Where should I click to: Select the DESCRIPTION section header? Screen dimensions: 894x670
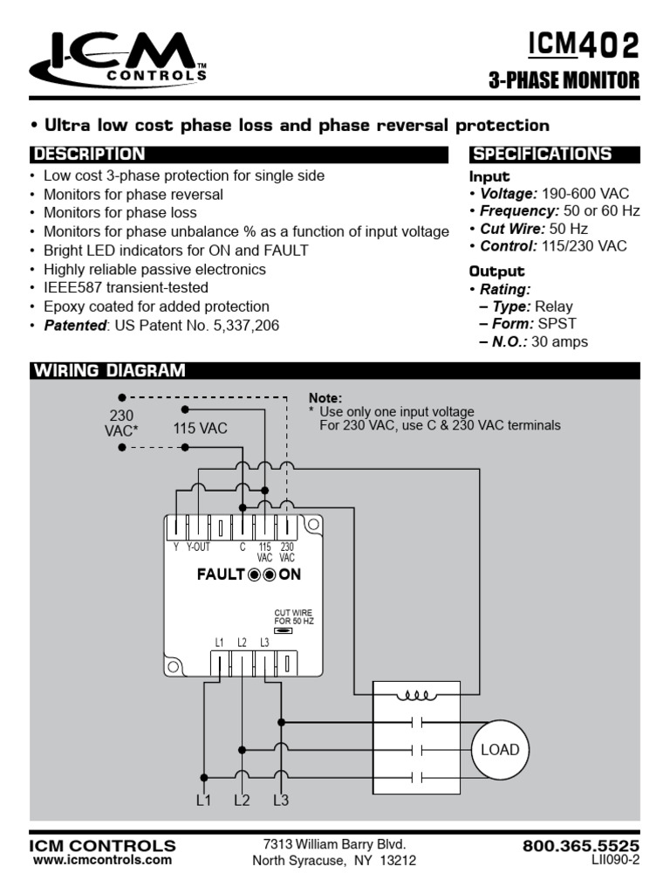(89, 155)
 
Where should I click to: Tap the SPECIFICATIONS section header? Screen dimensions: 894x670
(542, 155)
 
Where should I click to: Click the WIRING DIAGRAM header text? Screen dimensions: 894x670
(110, 370)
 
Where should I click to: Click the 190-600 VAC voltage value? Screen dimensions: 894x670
(585, 193)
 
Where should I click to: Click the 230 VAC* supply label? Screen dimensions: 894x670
(121, 423)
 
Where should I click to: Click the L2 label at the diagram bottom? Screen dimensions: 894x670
(242, 800)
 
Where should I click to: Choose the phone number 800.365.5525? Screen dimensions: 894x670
(581, 846)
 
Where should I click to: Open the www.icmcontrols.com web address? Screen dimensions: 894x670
(102, 860)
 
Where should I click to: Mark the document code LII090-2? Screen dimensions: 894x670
(616, 860)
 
